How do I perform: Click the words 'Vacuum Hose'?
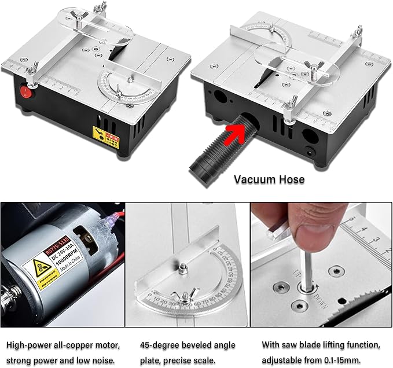[269, 179]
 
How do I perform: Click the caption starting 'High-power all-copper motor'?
[64, 345]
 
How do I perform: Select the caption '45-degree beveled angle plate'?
[185, 345]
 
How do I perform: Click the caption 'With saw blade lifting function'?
[321, 345]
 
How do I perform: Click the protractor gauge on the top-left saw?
[126, 88]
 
